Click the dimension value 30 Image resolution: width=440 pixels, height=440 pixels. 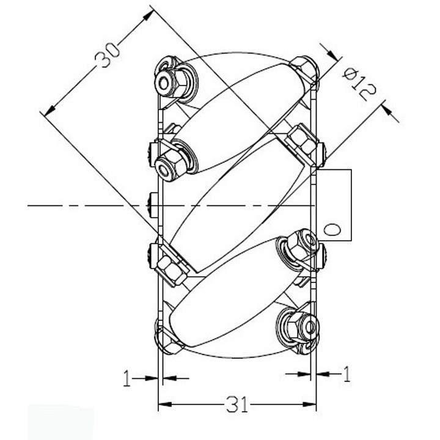pyautogui.click(x=107, y=55)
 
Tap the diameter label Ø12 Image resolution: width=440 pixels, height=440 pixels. pyautogui.click(x=359, y=84)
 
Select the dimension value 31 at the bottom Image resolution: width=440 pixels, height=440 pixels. pyautogui.click(x=237, y=405)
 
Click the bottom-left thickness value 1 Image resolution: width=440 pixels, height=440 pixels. pyautogui.click(x=127, y=378)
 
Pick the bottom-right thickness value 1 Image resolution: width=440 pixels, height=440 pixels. pyautogui.click(x=347, y=374)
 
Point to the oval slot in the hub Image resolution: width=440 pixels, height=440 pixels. pyautogui.click(x=332, y=229)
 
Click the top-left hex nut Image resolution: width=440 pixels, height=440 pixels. pyautogui.click(x=176, y=81)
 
